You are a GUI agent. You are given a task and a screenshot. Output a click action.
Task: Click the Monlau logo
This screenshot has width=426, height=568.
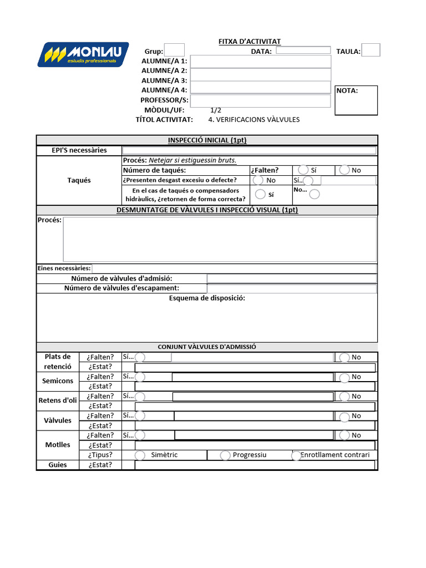[83, 54]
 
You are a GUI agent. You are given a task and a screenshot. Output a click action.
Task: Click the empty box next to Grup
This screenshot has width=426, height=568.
[175, 50]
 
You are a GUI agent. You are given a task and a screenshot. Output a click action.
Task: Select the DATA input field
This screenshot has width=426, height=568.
[303, 50]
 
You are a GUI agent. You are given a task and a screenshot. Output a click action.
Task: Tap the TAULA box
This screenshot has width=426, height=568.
[371, 50]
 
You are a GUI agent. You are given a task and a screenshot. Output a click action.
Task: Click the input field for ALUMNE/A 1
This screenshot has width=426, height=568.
[260, 61]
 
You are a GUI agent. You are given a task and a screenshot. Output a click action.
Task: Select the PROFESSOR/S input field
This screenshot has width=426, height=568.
[260, 100]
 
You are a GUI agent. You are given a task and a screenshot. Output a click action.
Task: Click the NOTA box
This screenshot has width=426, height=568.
[356, 100]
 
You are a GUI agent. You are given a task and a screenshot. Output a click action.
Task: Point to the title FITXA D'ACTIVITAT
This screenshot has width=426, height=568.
[249, 42]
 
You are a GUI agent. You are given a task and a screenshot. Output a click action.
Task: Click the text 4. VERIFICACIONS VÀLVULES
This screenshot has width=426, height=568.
[253, 120]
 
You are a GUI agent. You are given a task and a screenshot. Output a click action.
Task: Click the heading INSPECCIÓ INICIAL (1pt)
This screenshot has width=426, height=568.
[207, 140]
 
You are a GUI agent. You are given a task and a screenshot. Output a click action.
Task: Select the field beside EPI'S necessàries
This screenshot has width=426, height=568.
[249, 150]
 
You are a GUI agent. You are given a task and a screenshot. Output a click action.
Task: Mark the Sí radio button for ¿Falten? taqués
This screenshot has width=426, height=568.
[303, 170]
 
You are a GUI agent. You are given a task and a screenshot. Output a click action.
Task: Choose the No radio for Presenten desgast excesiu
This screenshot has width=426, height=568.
[258, 180]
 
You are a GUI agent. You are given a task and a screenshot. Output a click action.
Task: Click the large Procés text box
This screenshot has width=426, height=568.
[220, 239]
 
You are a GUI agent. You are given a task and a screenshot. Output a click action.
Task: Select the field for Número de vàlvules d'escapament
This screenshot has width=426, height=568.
[292, 288]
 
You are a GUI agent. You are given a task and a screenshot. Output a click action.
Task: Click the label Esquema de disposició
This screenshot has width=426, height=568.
[207, 298]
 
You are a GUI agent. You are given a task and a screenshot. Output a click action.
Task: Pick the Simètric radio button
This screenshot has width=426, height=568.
[141, 455]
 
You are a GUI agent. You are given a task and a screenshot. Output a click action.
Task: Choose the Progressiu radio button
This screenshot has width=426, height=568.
[225, 455]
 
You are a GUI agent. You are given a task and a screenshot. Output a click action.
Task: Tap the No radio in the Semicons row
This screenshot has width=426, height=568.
[344, 377]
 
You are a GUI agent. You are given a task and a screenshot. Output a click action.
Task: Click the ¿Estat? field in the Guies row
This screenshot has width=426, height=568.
[255, 465]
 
